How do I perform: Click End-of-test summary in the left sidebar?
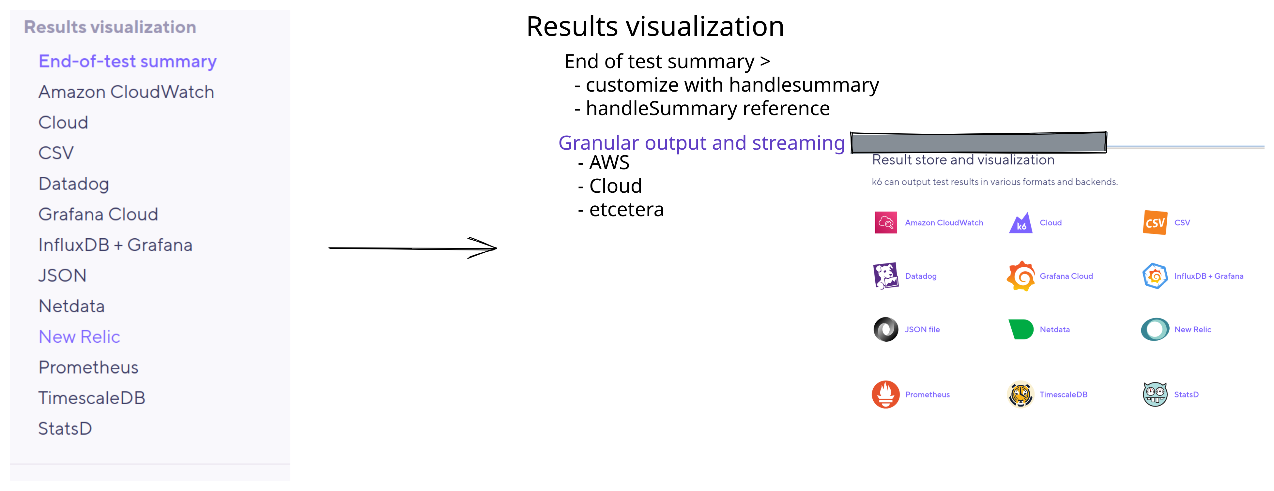click(128, 61)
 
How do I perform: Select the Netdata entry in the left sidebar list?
click(72, 306)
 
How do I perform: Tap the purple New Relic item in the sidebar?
click(79, 337)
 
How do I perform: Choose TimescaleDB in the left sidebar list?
click(91, 398)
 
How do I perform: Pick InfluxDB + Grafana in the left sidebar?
click(115, 245)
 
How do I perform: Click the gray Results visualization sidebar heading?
click(110, 27)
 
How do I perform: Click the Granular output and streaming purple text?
click(701, 143)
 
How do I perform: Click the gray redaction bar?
click(978, 142)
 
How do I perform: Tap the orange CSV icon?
click(1155, 222)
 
